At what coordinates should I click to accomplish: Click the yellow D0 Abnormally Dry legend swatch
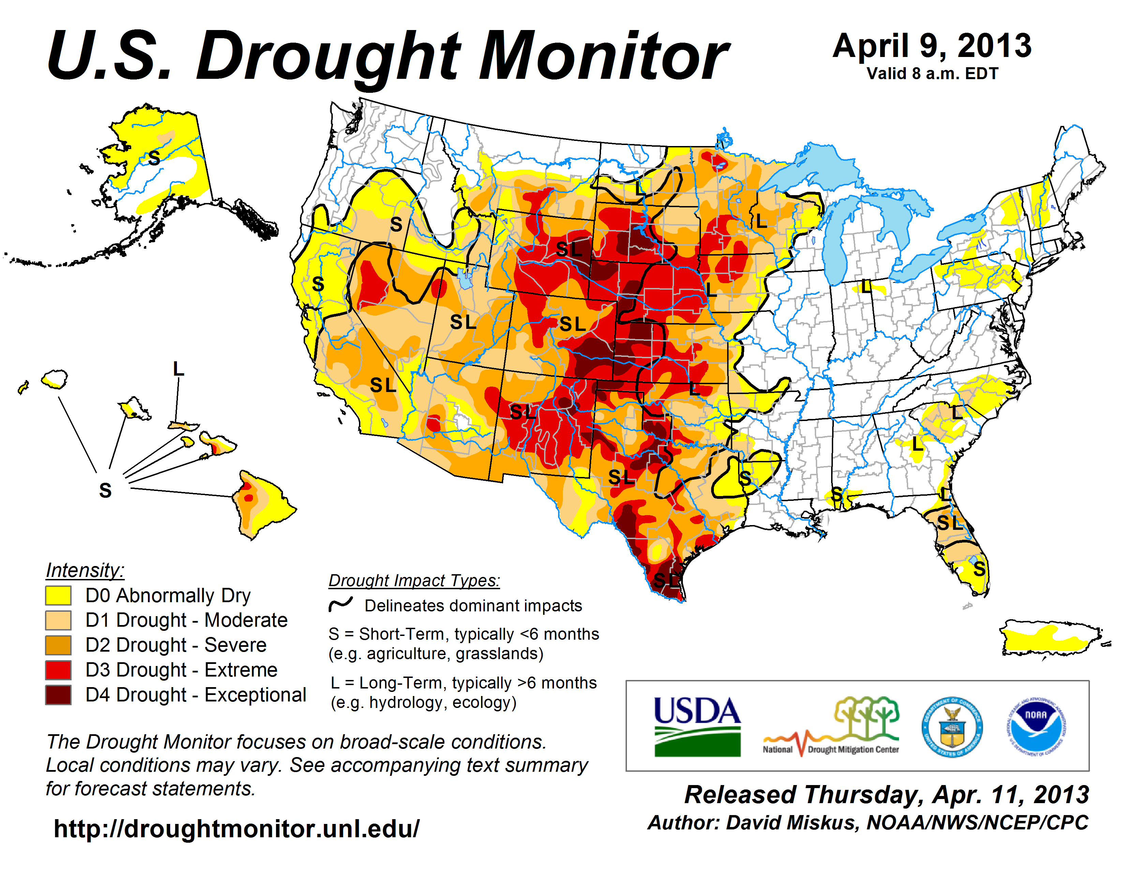coord(58,595)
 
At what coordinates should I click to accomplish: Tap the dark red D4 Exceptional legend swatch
coord(58,695)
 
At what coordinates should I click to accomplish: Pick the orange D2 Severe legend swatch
coord(58,645)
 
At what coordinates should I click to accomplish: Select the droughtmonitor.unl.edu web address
coord(237,829)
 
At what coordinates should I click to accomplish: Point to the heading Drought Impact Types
coord(414,580)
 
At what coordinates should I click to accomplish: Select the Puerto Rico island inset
coord(1051,639)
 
